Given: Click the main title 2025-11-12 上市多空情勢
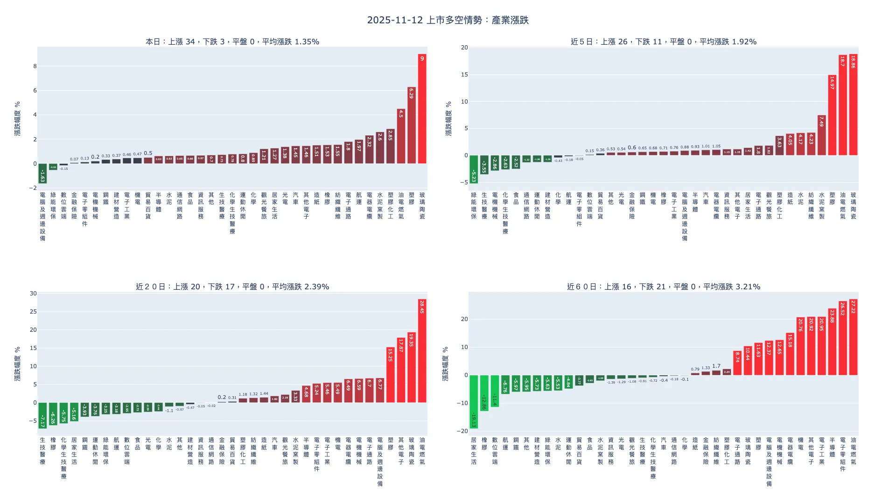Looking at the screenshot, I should pyautogui.click(x=448, y=20).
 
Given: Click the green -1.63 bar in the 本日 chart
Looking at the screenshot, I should pyautogui.click(x=42, y=174).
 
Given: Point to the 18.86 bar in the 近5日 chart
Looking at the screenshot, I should pyautogui.click(x=853, y=105).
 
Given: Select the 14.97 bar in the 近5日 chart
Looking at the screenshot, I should pyautogui.click(x=832, y=115).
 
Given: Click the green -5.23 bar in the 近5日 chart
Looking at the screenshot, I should pyautogui.click(x=474, y=169).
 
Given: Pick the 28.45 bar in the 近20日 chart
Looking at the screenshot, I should pyautogui.click(x=422, y=351).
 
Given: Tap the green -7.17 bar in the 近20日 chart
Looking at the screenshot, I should pyautogui.click(x=42, y=415).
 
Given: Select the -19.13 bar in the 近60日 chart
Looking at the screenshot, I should pyautogui.click(x=474, y=402).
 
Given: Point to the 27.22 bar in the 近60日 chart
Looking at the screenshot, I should pyautogui.click(x=853, y=337).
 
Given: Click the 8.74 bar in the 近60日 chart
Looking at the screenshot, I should pyautogui.click(x=737, y=363).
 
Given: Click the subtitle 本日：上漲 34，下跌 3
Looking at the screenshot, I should pyautogui.click(x=232, y=42).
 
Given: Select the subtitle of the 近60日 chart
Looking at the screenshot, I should pyautogui.click(x=663, y=287).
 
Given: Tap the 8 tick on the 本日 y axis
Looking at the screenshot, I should pyautogui.click(x=35, y=66).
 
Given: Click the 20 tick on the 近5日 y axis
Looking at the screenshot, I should pyautogui.click(x=464, y=48).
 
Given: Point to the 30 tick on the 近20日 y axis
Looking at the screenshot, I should pyautogui.click(x=33, y=294).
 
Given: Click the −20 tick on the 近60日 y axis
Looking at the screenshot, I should pyautogui.click(x=462, y=431).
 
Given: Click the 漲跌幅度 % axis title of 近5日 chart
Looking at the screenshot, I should pyautogui.click(x=448, y=119).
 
